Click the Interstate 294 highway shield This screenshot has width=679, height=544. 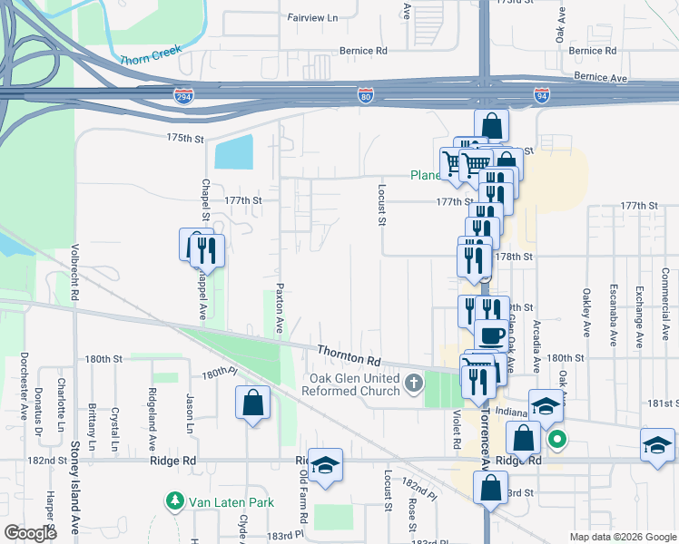[x=183, y=94]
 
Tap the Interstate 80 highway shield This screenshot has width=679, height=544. [x=364, y=94]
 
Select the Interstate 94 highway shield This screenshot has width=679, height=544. [x=541, y=94]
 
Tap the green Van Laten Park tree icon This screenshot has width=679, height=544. [x=172, y=500]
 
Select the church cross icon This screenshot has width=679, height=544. [x=414, y=384]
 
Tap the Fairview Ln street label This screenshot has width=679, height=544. [x=312, y=17]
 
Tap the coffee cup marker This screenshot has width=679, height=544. [x=492, y=335]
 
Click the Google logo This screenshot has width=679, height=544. [x=30, y=533]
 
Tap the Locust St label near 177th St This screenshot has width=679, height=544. [x=382, y=205]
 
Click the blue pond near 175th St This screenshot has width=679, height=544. [x=233, y=152]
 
